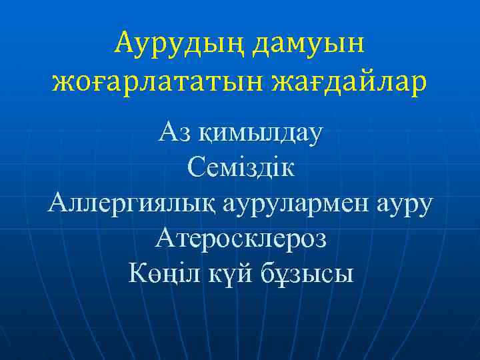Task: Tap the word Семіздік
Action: (240, 167)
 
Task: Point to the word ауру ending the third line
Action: (405, 203)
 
